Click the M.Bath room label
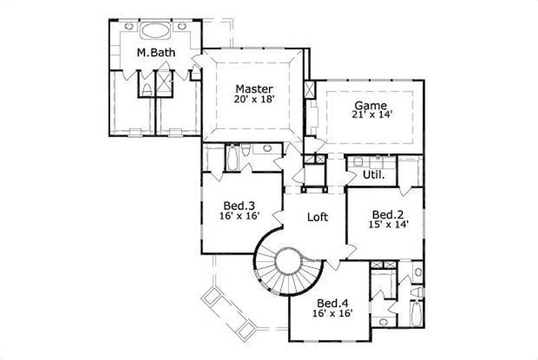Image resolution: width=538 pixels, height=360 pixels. click(153, 52)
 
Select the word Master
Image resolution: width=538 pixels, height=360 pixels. click(254, 89)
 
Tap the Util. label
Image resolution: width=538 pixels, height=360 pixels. click(373, 175)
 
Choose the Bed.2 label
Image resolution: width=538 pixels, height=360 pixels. click(387, 215)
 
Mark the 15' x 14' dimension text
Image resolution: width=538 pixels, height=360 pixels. click(387, 225)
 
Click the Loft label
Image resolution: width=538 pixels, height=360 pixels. click(317, 217)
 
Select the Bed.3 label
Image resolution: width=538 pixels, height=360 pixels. click(239, 206)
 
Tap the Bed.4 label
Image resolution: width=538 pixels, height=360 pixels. click(332, 302)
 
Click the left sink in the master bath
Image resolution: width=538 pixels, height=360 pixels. click(128, 26)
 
